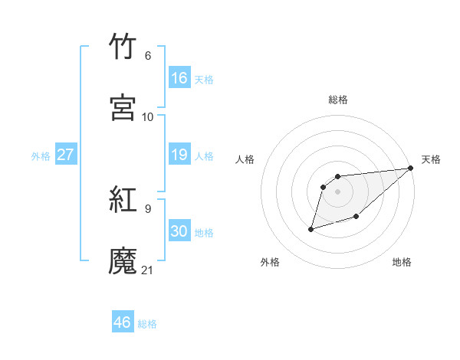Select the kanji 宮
[123, 108]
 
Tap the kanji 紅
[123, 199]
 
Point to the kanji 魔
[123, 261]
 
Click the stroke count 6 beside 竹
[148, 55]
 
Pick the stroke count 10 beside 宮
[148, 116]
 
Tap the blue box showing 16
[179, 78]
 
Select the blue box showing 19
[179, 155]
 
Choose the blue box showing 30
[179, 231]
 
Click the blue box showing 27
[65, 155]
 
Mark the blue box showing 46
[122, 322]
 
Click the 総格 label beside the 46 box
[147, 324]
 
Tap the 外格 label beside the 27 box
[41, 155]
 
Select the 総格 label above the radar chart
[338, 100]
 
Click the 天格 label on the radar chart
[431, 159]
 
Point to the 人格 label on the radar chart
[245, 159]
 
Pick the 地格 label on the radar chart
[402, 262]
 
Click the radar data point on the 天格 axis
[411, 168]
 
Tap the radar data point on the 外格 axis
[311, 228]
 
